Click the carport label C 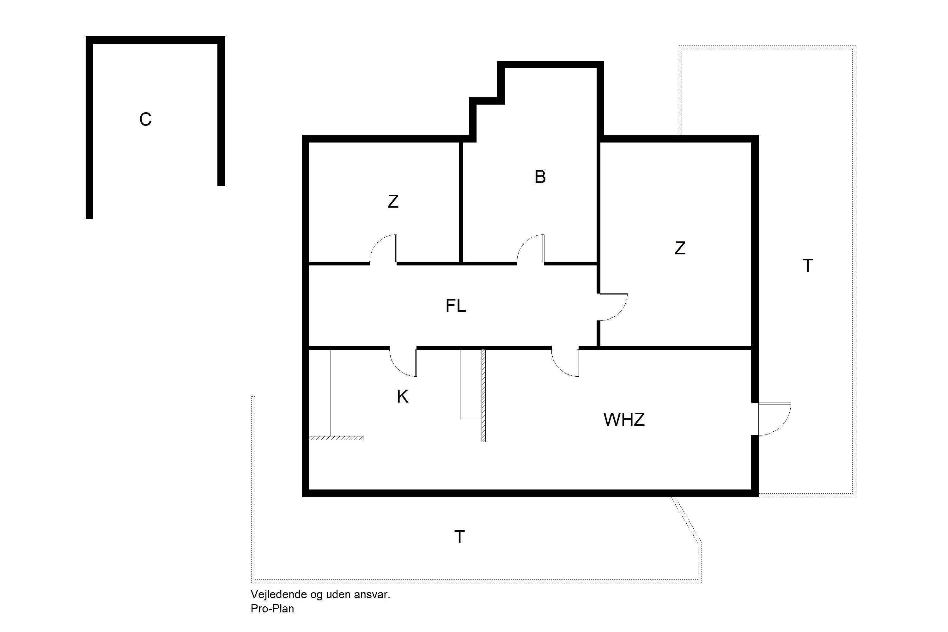[145, 119]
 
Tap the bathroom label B [540, 177]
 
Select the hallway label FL [456, 306]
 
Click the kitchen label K [402, 397]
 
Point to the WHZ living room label [624, 420]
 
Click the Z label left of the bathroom [393, 202]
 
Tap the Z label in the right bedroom [680, 248]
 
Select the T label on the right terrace [808, 266]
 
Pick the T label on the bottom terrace [459, 537]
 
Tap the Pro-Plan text [272, 608]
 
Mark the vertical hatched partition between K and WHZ [484, 395]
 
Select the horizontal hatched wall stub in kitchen [336, 438]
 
